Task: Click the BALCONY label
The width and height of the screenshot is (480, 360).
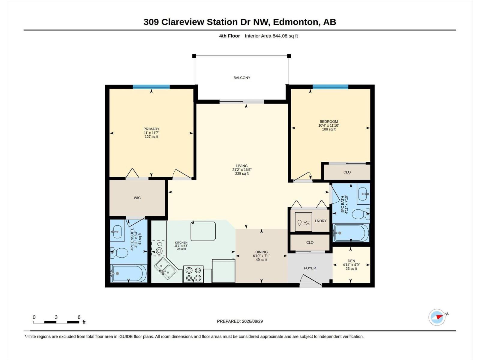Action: (x=241, y=78)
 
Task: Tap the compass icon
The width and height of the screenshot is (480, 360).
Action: (x=437, y=317)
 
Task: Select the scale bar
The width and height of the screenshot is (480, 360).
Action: (x=56, y=322)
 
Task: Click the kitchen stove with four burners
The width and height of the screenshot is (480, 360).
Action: (x=193, y=274)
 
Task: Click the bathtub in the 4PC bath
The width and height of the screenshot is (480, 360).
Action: (x=351, y=233)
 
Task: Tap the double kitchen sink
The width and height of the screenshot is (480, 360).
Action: (x=165, y=268)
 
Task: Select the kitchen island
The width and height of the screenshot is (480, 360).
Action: (x=203, y=231)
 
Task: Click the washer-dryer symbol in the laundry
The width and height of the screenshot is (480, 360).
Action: (x=303, y=222)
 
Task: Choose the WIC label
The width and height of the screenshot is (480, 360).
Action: (x=137, y=198)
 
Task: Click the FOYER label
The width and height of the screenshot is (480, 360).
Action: (x=310, y=268)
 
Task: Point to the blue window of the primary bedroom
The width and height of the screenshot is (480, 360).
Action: (x=151, y=87)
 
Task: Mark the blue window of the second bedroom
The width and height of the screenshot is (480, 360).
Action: (x=330, y=87)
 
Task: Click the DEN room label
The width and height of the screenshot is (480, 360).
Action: (x=351, y=261)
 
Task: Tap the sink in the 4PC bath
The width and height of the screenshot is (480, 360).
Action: (x=363, y=194)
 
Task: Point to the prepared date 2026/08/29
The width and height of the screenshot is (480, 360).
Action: (x=252, y=321)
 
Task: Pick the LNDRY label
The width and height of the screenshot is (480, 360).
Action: (x=321, y=221)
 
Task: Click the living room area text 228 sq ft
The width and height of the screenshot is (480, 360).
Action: (x=242, y=174)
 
